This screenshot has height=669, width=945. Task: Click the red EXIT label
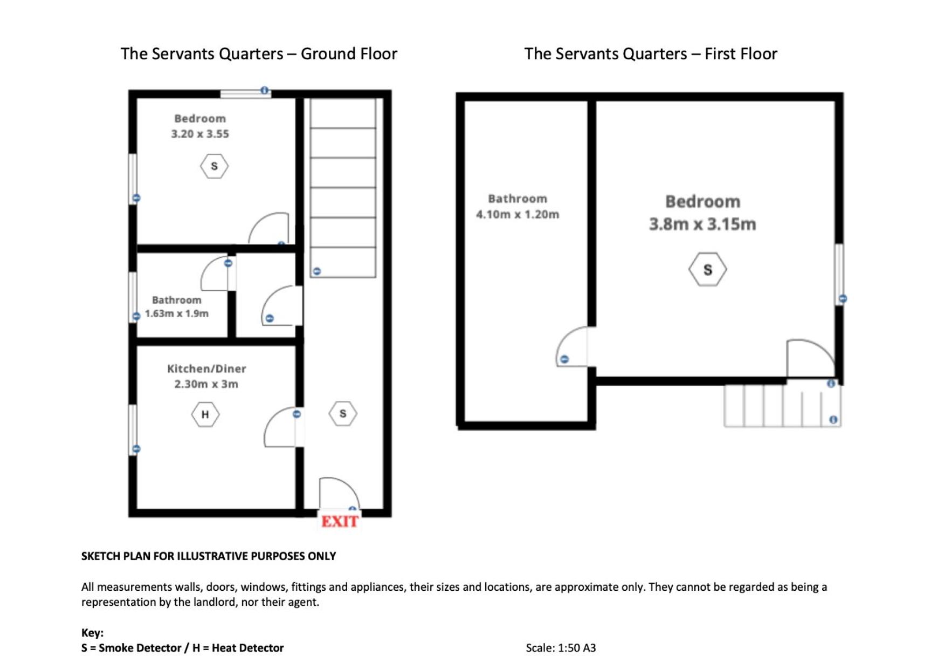coord(340,521)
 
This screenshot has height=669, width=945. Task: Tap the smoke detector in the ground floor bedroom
coord(214,166)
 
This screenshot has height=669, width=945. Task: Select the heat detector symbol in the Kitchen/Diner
coord(205,414)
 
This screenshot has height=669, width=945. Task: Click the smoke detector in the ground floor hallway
coord(343,414)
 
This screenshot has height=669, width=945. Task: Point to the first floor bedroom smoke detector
coord(707,269)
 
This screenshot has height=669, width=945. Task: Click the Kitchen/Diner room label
coord(206,369)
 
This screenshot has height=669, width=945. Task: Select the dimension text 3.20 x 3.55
coord(200,134)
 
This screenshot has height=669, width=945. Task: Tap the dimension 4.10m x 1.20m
coord(518,214)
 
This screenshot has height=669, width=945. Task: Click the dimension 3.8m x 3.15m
coord(702,224)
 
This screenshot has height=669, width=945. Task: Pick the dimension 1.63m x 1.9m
coord(176,313)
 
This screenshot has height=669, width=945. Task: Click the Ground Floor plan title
coord(259,54)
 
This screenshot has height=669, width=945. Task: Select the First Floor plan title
coord(651,54)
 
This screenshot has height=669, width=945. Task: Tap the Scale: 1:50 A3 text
coord(561,648)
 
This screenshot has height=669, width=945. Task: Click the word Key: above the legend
coord(92,633)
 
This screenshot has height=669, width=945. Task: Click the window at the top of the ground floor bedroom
coord(245,94)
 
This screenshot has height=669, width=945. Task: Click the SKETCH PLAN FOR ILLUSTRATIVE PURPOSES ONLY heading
coord(209,556)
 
